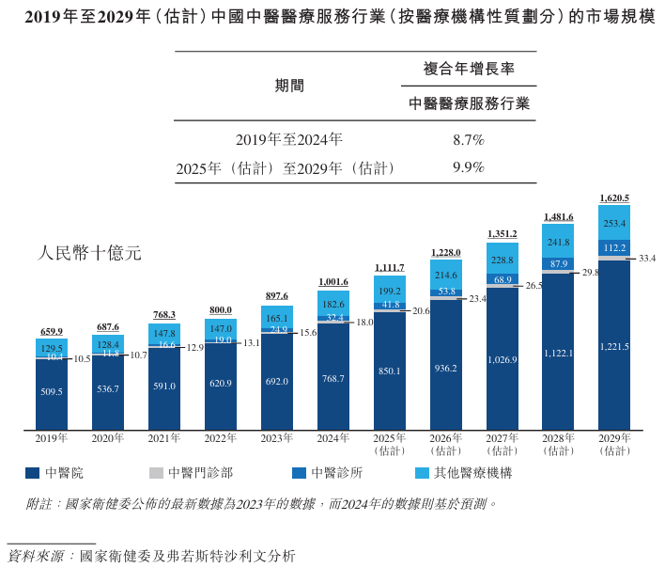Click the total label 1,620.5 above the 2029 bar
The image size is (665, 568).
pos(614,197)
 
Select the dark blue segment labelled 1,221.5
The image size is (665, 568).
pos(614,346)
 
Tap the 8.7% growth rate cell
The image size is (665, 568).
pos(468,140)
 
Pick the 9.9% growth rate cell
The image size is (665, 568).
pos(468,168)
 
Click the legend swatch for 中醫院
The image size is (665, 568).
pos(32,473)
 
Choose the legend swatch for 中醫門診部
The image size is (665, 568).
pos(156,473)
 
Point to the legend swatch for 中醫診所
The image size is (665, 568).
pos(300,473)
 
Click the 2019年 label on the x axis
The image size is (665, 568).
pos(52,439)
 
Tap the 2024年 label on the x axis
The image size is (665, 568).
pos(333,439)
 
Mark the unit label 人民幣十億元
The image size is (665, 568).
pos(89,253)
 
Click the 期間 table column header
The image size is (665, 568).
pos(289,86)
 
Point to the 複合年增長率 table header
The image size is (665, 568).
pos(469,70)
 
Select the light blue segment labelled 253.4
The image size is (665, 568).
pos(614,223)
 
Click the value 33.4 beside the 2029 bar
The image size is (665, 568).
pos(646,258)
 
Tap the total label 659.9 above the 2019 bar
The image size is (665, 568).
pos(52,331)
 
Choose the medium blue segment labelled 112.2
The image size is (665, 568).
pos(614,248)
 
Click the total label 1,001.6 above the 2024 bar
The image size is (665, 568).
pos(333,282)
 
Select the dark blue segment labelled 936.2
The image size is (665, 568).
pos(445,369)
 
